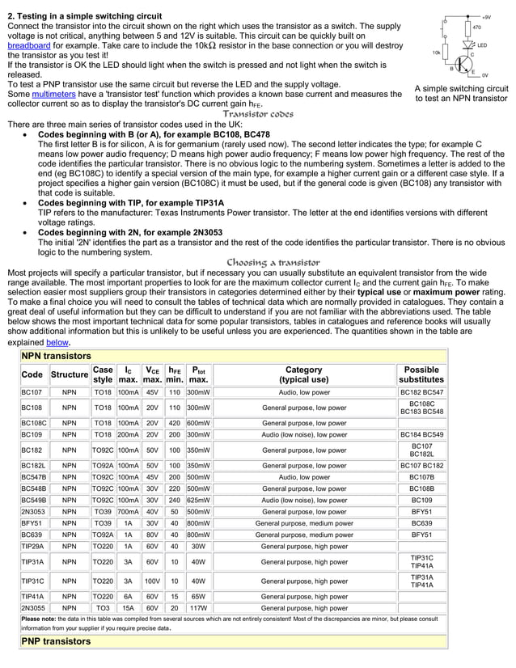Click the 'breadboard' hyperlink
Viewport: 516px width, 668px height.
pos(28,47)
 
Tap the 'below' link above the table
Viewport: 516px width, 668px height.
pos(57,342)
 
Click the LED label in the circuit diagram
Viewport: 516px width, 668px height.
pos(482,45)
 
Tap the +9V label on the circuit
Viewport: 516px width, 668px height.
pos(485,16)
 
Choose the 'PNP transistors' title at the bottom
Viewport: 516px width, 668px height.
pos(56,641)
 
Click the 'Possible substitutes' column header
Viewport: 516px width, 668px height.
pos(421,375)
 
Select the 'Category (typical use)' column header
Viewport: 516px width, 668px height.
pos(303,375)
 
